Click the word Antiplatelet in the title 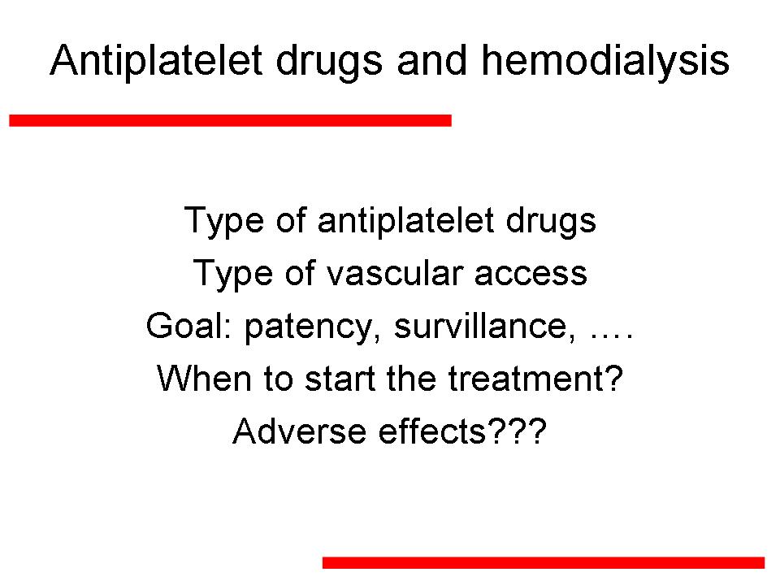(156, 61)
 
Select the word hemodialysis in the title (605, 61)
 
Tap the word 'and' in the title (432, 61)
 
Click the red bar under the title (230, 120)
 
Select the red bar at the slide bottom (544, 562)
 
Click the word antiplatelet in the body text (406, 220)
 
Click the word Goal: (189, 327)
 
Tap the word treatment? (535, 379)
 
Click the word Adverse (300, 431)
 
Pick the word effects (431, 431)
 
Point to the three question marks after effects (517, 431)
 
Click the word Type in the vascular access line (233, 275)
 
